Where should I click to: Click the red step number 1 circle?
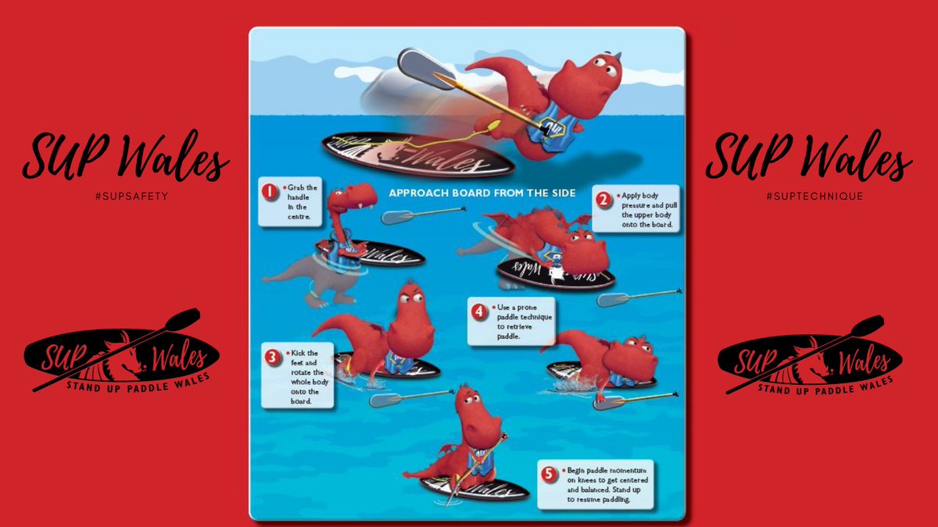[x=270, y=191]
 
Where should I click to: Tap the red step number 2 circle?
[x=603, y=198]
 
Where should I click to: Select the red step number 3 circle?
[x=272, y=358]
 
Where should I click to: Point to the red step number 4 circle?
[x=479, y=311]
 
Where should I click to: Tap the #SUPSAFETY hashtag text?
[x=125, y=195]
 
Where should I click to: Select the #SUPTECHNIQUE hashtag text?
[x=814, y=195]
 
